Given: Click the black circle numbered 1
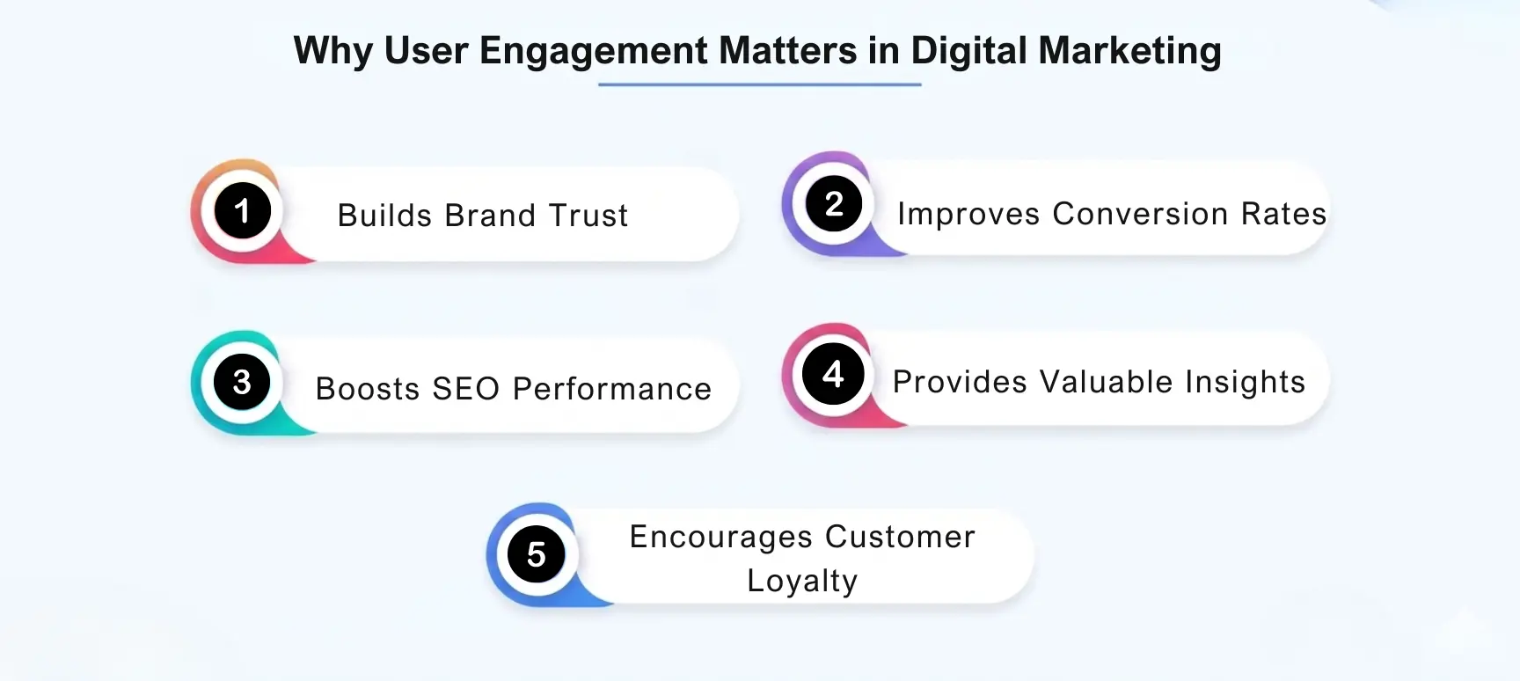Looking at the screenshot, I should click(x=242, y=211).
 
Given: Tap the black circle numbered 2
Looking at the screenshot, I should click(x=834, y=204).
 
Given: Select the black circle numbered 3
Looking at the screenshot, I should click(x=242, y=382).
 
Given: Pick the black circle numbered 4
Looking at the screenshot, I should click(x=834, y=375).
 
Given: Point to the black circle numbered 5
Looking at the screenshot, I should click(x=537, y=554).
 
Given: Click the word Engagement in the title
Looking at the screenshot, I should click(x=594, y=51).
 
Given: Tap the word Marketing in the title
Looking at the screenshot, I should click(x=1129, y=51).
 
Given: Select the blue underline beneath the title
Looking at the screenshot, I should click(x=759, y=84).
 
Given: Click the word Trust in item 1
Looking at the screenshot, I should click(x=588, y=216).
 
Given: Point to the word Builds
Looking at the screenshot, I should click(x=386, y=216).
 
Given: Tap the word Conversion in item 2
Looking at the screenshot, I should click(x=1140, y=214).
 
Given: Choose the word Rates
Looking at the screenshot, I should click(x=1283, y=214).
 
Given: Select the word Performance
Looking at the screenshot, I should click(x=612, y=389).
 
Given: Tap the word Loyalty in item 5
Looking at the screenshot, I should click(x=802, y=581).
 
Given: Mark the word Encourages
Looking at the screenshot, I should click(x=720, y=537).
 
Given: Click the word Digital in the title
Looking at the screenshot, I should click(x=968, y=51).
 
